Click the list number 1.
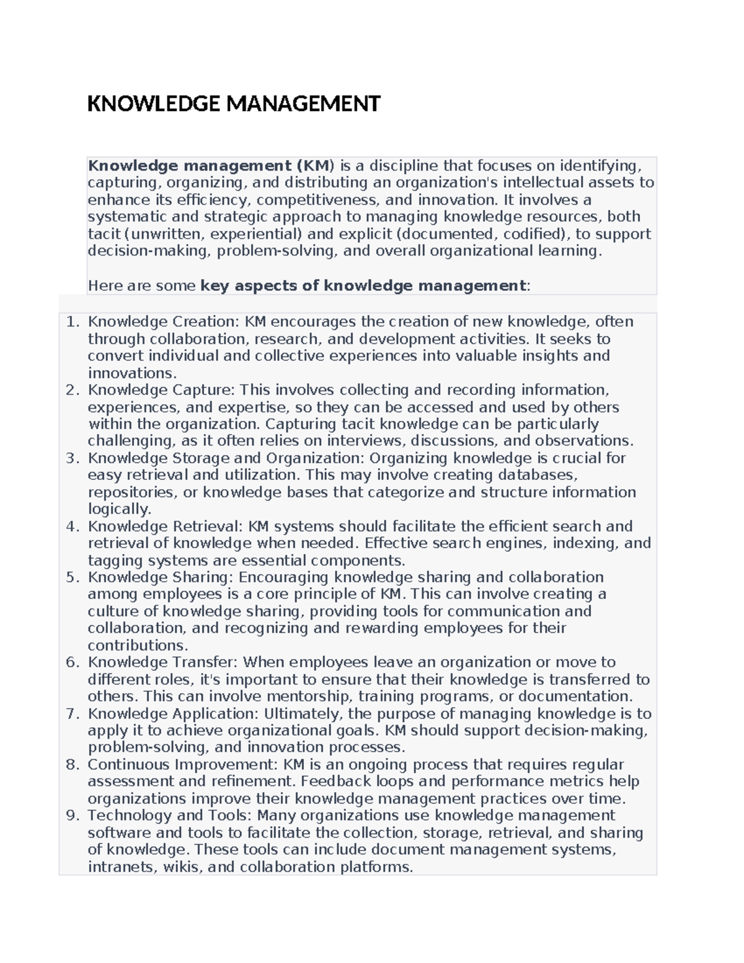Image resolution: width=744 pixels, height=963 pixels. (73, 322)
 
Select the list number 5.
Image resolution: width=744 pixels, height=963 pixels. (73, 577)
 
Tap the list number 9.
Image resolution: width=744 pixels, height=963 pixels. (73, 815)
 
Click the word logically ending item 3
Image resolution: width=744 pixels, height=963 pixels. (118, 509)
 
